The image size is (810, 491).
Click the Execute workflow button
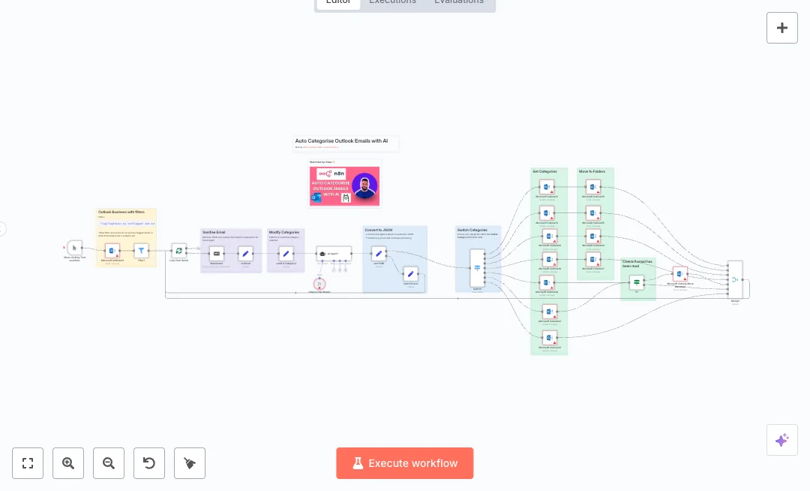[x=404, y=463]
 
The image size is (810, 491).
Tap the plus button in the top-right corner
[x=781, y=28]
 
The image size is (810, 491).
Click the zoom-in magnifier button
[x=68, y=463]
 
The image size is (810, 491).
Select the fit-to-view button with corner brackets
[x=28, y=463]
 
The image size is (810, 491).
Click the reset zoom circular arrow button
[x=149, y=463]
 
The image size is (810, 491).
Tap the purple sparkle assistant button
[x=781, y=440]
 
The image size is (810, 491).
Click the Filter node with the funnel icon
[x=141, y=252]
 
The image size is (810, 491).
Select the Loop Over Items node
[x=178, y=252]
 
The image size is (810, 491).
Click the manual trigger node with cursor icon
[x=74, y=248]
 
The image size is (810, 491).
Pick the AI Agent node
[x=333, y=254]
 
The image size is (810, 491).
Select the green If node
[x=637, y=282]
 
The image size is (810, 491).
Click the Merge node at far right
[x=735, y=279]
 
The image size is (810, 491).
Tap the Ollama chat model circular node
[x=320, y=284]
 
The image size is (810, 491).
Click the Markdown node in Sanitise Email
[x=217, y=253]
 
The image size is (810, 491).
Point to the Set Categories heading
[x=545, y=172]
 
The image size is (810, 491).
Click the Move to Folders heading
[x=592, y=172]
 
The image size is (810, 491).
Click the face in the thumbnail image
[x=364, y=185]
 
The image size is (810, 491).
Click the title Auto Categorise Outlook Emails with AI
[x=341, y=140]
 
